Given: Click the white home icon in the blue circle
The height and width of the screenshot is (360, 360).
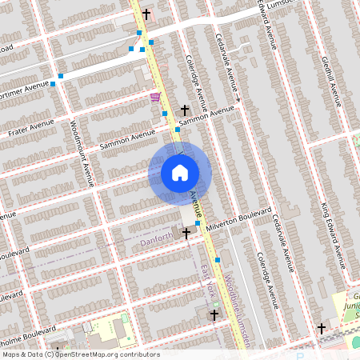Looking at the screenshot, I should pos(180,173).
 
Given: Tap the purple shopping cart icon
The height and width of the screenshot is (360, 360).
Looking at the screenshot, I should pos(154,97).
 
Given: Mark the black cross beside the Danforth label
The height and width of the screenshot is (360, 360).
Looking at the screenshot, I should pos(187,233).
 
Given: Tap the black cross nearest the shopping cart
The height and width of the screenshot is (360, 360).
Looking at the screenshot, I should pos(185,110).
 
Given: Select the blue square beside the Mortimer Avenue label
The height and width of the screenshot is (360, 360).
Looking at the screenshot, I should pos(53,83).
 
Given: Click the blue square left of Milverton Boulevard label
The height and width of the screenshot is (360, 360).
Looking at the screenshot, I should pos(197,224).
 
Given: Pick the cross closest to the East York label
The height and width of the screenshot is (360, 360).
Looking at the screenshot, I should pos(214,316).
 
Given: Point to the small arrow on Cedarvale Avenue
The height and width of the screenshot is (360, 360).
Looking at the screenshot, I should pos(238,101).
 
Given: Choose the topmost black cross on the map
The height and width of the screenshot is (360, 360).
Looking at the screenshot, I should pos(146,14).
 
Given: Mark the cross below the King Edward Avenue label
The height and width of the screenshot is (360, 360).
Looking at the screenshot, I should pos(322,328).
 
